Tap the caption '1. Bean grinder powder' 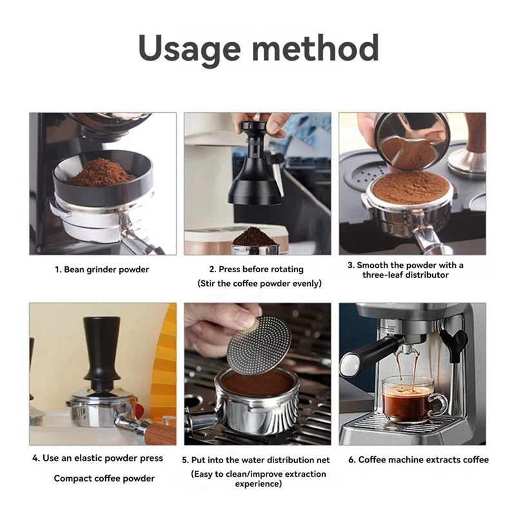click(102, 270)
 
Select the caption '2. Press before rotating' click(256, 269)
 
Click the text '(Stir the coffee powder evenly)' click(259, 283)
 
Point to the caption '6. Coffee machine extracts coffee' click(419, 459)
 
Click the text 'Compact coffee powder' click(104, 478)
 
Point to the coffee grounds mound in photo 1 click(101, 172)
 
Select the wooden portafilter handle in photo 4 click(159, 434)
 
